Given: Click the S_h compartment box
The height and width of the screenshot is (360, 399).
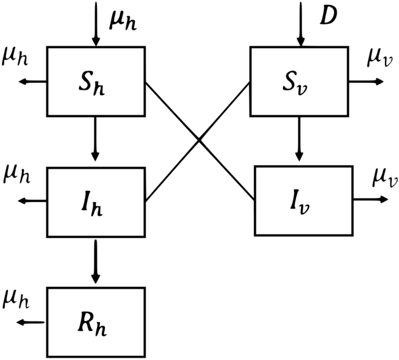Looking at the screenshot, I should [96, 81].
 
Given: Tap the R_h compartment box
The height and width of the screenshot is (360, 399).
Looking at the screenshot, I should [96, 322].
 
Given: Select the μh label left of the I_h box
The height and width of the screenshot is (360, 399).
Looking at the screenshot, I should [16, 176].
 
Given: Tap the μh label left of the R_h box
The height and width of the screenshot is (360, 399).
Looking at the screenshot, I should [16, 299].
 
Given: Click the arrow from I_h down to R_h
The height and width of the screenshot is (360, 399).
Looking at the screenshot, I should [96, 262].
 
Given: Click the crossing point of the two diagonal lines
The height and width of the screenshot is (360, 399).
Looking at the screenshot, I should [199, 140].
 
